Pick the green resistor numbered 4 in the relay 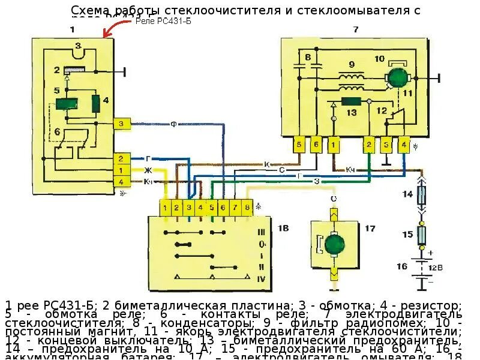(95, 103)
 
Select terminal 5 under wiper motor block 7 (299, 144)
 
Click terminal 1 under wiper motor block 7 (334, 144)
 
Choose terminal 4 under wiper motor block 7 (404, 144)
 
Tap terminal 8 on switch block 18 (247, 208)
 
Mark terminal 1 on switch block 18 (165, 208)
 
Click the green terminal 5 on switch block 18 (212, 208)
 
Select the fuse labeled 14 (422, 194)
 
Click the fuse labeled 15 (422, 234)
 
